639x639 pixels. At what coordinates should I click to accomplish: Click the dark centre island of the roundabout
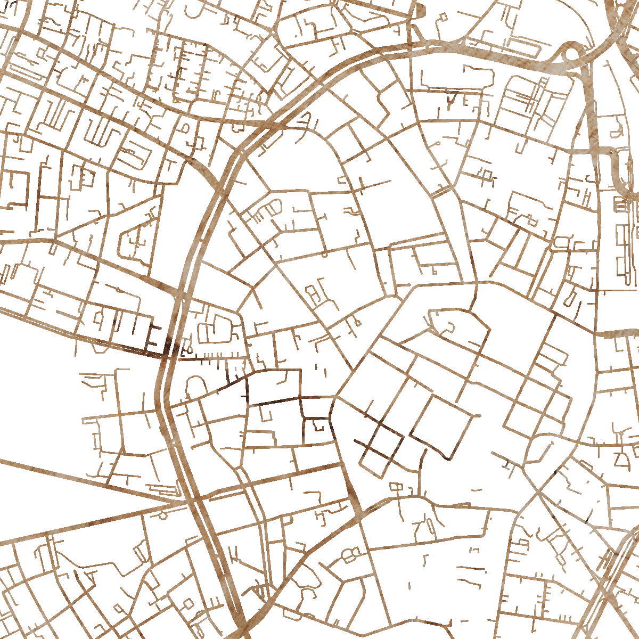570,53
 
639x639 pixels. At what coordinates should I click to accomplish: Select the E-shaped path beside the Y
467,101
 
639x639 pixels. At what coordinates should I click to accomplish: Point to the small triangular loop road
621,460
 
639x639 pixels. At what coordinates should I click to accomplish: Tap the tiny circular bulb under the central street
325,255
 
